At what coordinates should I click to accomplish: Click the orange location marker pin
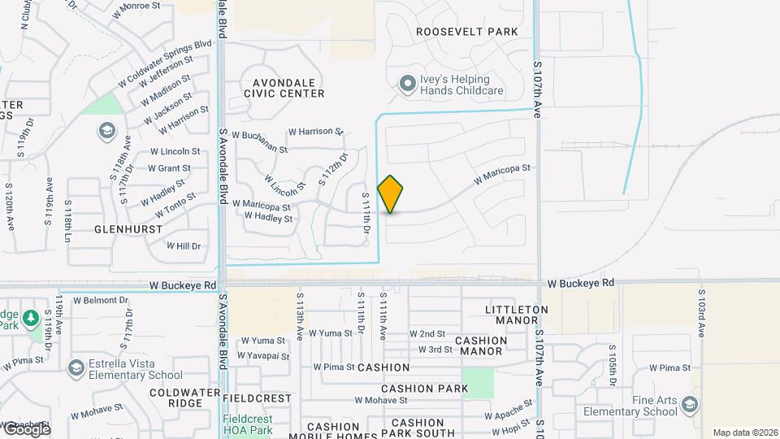pyautogui.click(x=391, y=193)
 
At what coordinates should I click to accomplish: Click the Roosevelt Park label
pyautogui.click(x=466, y=32)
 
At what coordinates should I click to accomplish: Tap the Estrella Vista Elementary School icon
pyautogui.click(x=76, y=368)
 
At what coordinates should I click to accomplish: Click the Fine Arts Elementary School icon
pyautogui.click(x=690, y=405)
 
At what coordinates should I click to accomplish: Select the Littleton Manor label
pyautogui.click(x=516, y=315)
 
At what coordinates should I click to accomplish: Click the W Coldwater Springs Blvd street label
pyautogui.click(x=164, y=62)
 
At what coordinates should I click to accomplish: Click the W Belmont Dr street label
pyautogui.click(x=101, y=300)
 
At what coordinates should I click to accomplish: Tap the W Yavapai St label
pyautogui.click(x=262, y=356)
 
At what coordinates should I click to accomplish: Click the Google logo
pyautogui.click(x=26, y=430)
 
